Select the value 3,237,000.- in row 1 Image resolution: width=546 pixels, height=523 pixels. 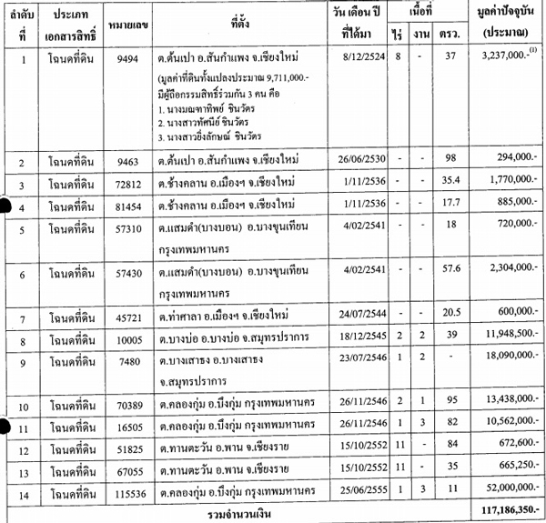[499, 56]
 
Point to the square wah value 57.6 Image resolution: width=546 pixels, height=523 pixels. [446, 269]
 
